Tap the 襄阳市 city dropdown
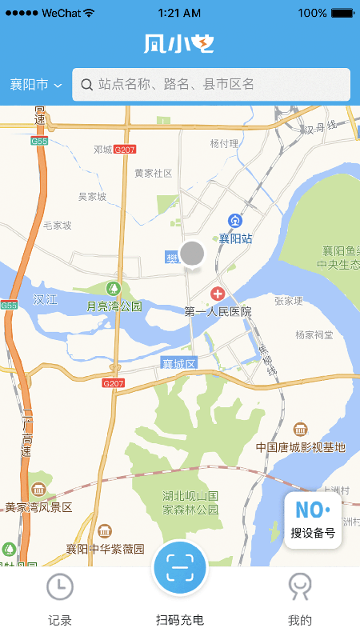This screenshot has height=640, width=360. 36,85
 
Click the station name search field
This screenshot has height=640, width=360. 216,84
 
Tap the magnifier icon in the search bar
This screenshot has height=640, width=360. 86,84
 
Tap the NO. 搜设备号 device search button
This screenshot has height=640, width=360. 313,520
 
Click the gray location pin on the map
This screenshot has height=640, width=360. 192,254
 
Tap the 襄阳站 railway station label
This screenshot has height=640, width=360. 236,238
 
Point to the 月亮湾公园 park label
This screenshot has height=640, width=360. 114,306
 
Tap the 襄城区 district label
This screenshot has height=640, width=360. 179,363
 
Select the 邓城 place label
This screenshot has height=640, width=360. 102,150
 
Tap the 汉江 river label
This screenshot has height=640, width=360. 46,299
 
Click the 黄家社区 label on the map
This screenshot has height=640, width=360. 153,173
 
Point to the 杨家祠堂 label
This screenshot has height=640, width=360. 314,334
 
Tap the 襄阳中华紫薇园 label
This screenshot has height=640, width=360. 105,549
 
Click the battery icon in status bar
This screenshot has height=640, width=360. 342,13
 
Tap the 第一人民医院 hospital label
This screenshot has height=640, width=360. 218,311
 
